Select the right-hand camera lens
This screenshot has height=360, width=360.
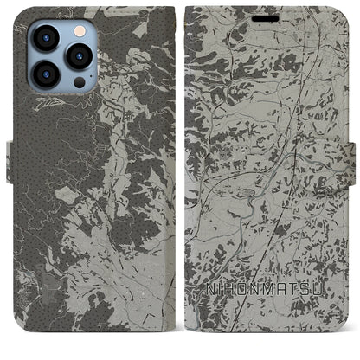[78, 55]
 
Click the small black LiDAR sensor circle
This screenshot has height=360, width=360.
[79, 83]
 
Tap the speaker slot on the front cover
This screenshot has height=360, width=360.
[267, 17]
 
